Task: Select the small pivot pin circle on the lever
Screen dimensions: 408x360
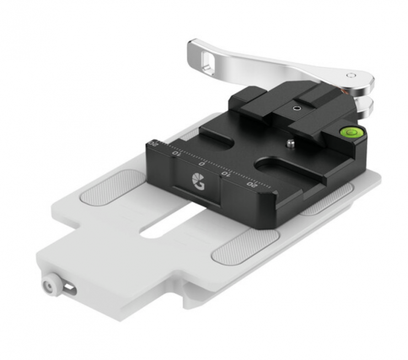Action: [351, 76]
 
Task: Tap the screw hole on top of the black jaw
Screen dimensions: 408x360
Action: [296, 108]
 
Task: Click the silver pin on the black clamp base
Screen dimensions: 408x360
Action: [291, 143]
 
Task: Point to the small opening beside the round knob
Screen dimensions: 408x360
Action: [69, 288]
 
